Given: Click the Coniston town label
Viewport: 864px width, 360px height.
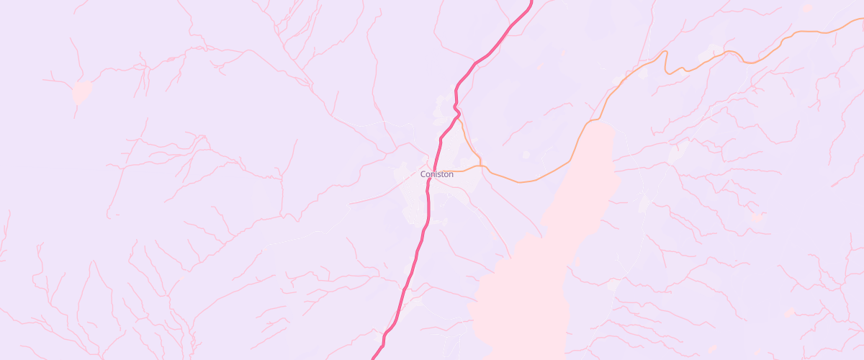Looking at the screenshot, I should (437, 174).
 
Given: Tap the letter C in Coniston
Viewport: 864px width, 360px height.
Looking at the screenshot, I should (423, 174).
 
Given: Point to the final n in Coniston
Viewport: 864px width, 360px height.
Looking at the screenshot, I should (451, 174).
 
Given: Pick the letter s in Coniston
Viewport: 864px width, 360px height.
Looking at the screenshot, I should (438, 174).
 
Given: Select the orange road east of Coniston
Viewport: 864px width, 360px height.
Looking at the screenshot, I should (526, 181).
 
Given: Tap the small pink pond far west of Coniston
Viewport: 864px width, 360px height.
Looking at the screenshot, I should (81, 91).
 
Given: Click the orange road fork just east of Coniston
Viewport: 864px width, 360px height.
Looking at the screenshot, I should (480, 166).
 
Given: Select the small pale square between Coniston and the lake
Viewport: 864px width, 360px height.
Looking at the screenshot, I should (526, 154).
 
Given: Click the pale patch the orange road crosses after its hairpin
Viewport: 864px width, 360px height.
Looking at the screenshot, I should (714, 50).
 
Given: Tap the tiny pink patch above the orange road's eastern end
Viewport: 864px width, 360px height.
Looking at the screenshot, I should (808, 7).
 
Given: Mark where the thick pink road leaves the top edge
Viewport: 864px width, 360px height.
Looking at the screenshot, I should (531, 1).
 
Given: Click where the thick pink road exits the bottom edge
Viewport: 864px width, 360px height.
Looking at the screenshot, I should (373, 358).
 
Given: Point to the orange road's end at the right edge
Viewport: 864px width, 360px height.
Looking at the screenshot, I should (862, 19).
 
